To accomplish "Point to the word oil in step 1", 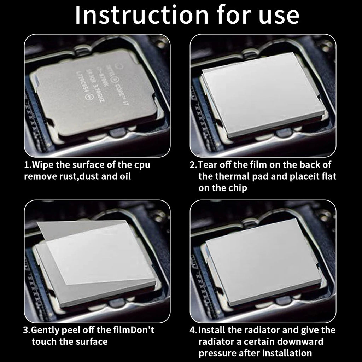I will (x=123, y=176).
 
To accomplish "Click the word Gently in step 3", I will (x=45, y=331).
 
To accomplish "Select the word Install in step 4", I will (x=211, y=331).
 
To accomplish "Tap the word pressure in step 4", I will (x=216, y=353).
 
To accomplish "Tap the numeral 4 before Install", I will (x=193, y=331).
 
